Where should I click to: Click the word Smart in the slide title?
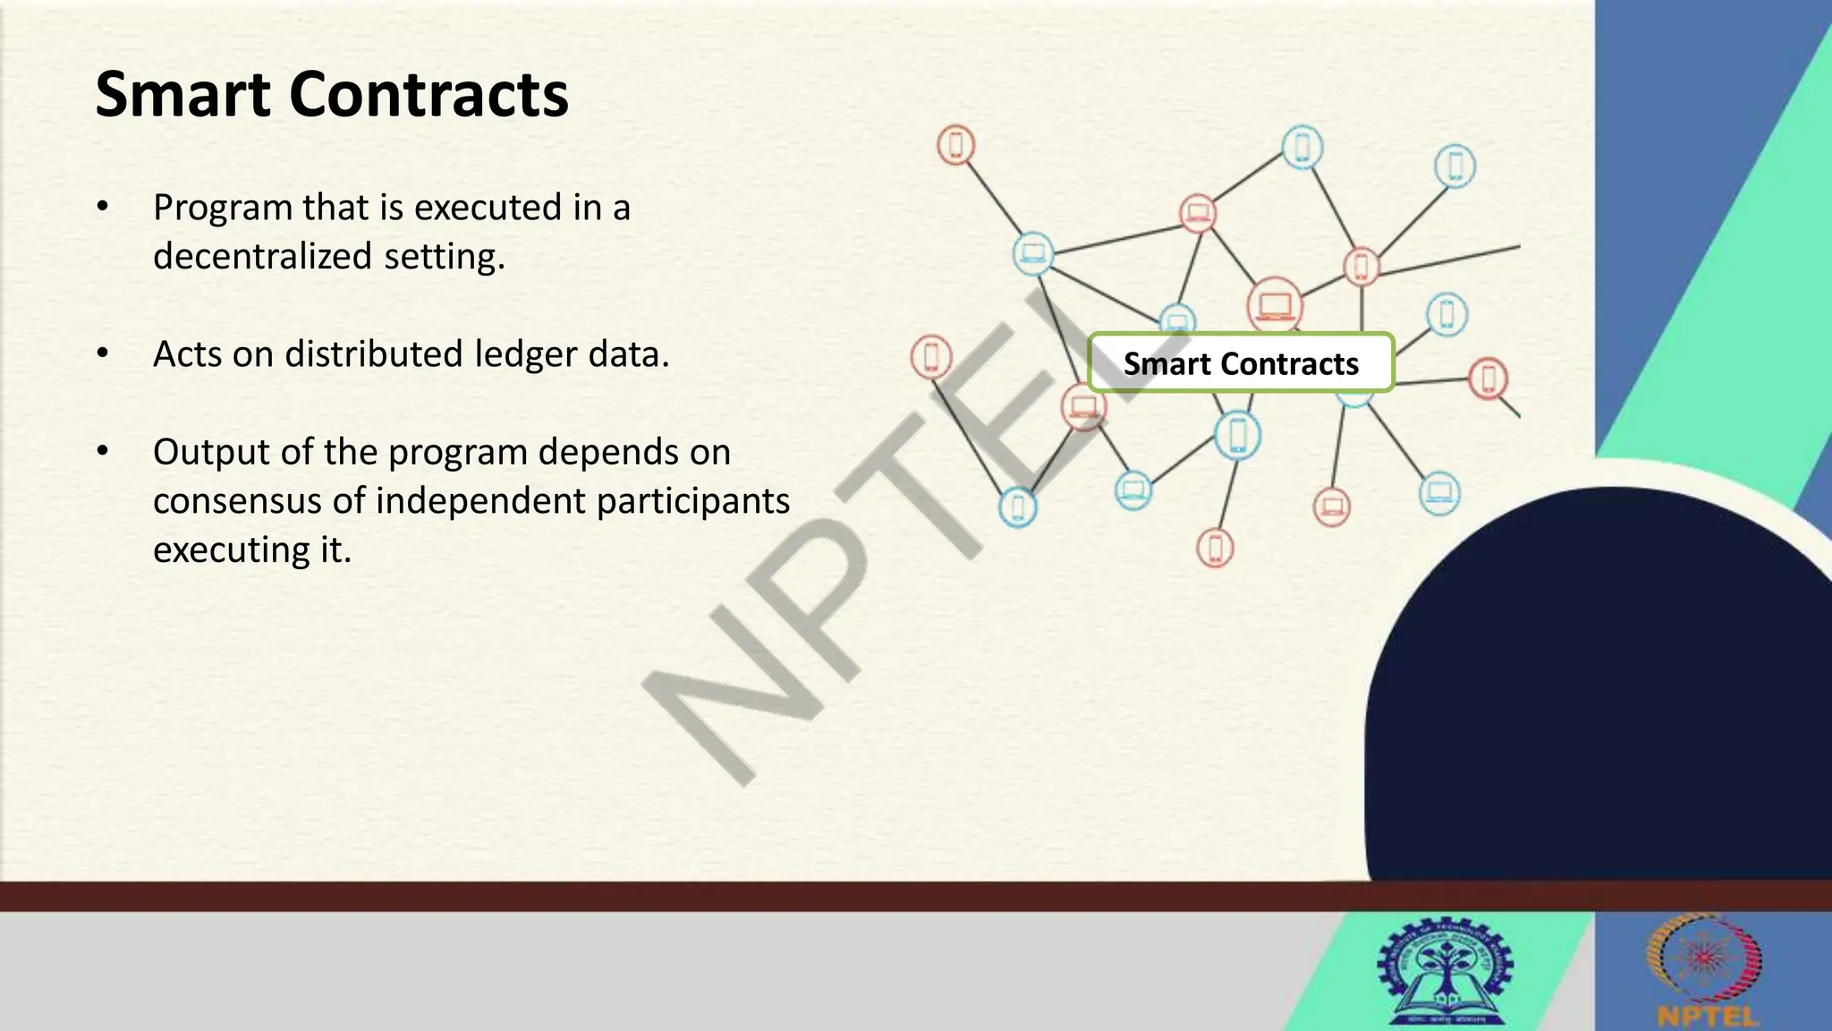click(x=182, y=95)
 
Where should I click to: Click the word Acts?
click(x=187, y=354)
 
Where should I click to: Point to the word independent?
click(x=480, y=500)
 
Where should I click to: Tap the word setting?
click(x=445, y=257)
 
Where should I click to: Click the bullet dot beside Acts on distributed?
click(x=103, y=354)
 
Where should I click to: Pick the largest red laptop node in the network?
click(x=1275, y=306)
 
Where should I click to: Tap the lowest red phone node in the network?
click(x=1215, y=548)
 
